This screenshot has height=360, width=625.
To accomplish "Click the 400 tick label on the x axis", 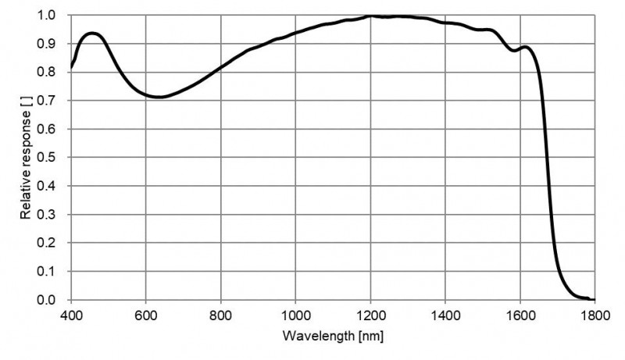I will [71, 315].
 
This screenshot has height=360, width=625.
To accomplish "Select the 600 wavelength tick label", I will [146, 315].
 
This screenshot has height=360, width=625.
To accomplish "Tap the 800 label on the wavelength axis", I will [221, 315].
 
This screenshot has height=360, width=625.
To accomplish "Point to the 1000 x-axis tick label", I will [295, 315].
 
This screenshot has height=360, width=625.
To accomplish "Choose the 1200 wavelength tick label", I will [370, 315].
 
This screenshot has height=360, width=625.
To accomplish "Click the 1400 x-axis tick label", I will [445, 315].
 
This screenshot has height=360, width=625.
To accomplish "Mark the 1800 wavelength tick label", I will [595, 315].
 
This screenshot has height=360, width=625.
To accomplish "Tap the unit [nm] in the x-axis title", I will [369, 337].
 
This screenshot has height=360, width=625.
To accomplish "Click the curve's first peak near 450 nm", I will [92, 34].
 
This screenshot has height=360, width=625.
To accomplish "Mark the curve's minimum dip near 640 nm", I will [159, 98].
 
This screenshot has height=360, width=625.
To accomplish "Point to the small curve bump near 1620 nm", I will [526, 47].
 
